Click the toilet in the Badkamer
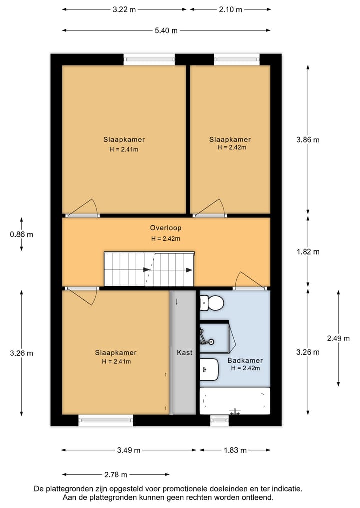[x=212, y=303]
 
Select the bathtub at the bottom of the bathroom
[x=234, y=401]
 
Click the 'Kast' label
[x=184, y=352]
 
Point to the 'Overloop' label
[x=166, y=228]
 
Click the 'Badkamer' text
[x=245, y=360]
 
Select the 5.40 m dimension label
[x=166, y=31]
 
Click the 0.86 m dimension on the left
[x=21, y=234]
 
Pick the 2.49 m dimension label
[x=338, y=338]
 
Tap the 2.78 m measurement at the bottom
[x=116, y=474]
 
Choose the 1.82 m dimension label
[x=308, y=252]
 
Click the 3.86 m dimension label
[x=308, y=140]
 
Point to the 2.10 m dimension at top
[x=230, y=9]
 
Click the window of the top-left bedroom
[x=149, y=59]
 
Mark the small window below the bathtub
[x=219, y=421]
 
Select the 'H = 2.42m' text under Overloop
[x=166, y=238]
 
